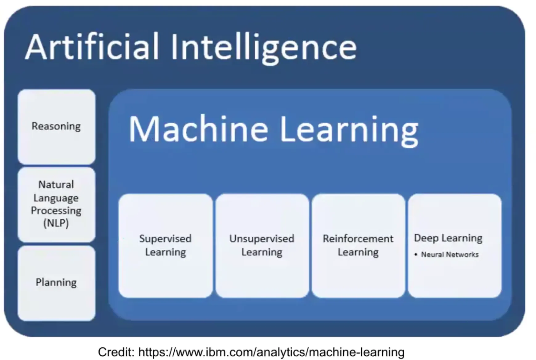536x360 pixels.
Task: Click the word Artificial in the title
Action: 92,47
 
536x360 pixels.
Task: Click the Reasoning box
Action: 56,127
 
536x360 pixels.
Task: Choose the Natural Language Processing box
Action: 56,204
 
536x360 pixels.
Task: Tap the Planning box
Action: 56,283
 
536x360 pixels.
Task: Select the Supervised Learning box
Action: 165,246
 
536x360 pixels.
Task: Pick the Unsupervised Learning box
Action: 262,246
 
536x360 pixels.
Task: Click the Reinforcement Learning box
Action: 358,246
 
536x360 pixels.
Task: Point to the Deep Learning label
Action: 448,238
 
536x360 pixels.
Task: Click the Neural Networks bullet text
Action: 450,255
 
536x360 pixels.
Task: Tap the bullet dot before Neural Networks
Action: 416,255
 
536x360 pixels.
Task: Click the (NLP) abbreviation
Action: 56,223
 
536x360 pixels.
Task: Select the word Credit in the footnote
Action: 116,352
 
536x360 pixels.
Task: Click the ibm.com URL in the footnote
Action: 271,352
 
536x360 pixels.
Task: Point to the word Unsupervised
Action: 262,239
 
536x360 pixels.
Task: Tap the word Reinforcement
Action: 358,239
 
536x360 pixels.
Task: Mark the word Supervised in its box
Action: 165,239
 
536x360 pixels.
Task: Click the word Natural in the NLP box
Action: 56,185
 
